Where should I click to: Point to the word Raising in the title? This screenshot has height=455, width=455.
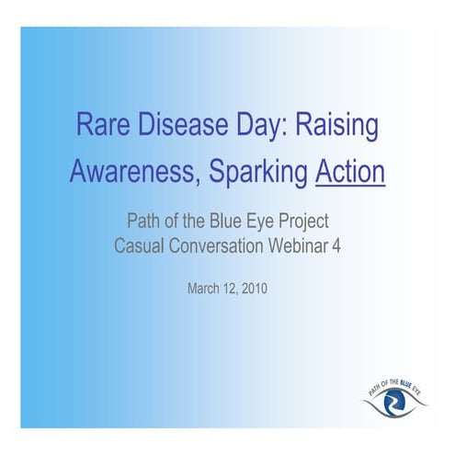[x=337, y=128]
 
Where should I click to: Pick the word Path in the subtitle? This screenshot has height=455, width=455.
[x=142, y=222]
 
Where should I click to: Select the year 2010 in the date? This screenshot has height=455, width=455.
[x=254, y=289]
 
